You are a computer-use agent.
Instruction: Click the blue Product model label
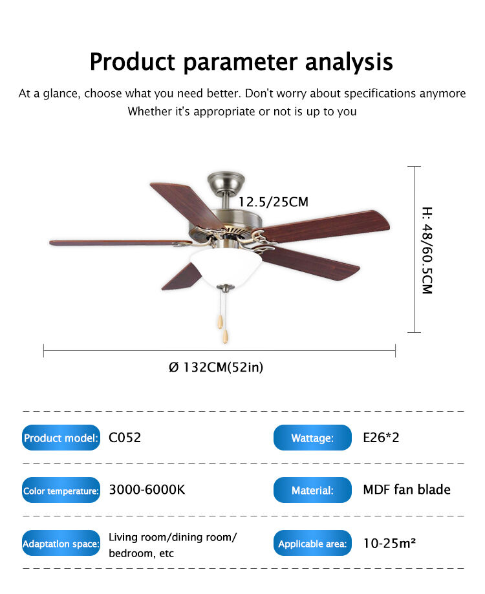[x=61, y=438]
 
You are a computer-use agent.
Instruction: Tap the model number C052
[x=125, y=438]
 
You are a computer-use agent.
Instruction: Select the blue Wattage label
[x=312, y=438]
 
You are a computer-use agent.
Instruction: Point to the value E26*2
[x=381, y=438]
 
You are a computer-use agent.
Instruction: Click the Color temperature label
[x=61, y=490]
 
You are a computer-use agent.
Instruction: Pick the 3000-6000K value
[x=147, y=489]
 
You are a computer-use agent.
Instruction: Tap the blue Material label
[x=312, y=490]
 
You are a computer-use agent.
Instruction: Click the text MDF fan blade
[x=407, y=489]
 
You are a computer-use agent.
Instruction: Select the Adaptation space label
[x=61, y=543]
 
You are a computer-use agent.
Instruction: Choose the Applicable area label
[x=312, y=543]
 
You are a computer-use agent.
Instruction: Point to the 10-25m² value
[x=389, y=543]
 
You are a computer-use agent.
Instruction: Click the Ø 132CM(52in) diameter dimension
[x=216, y=367]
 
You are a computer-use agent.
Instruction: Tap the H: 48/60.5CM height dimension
[x=427, y=250]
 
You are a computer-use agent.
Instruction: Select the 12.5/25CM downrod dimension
[x=273, y=202]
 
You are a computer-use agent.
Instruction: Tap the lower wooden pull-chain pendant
[x=225, y=336]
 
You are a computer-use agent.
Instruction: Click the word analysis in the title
[x=349, y=62]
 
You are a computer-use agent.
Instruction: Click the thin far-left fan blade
[x=120, y=243]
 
